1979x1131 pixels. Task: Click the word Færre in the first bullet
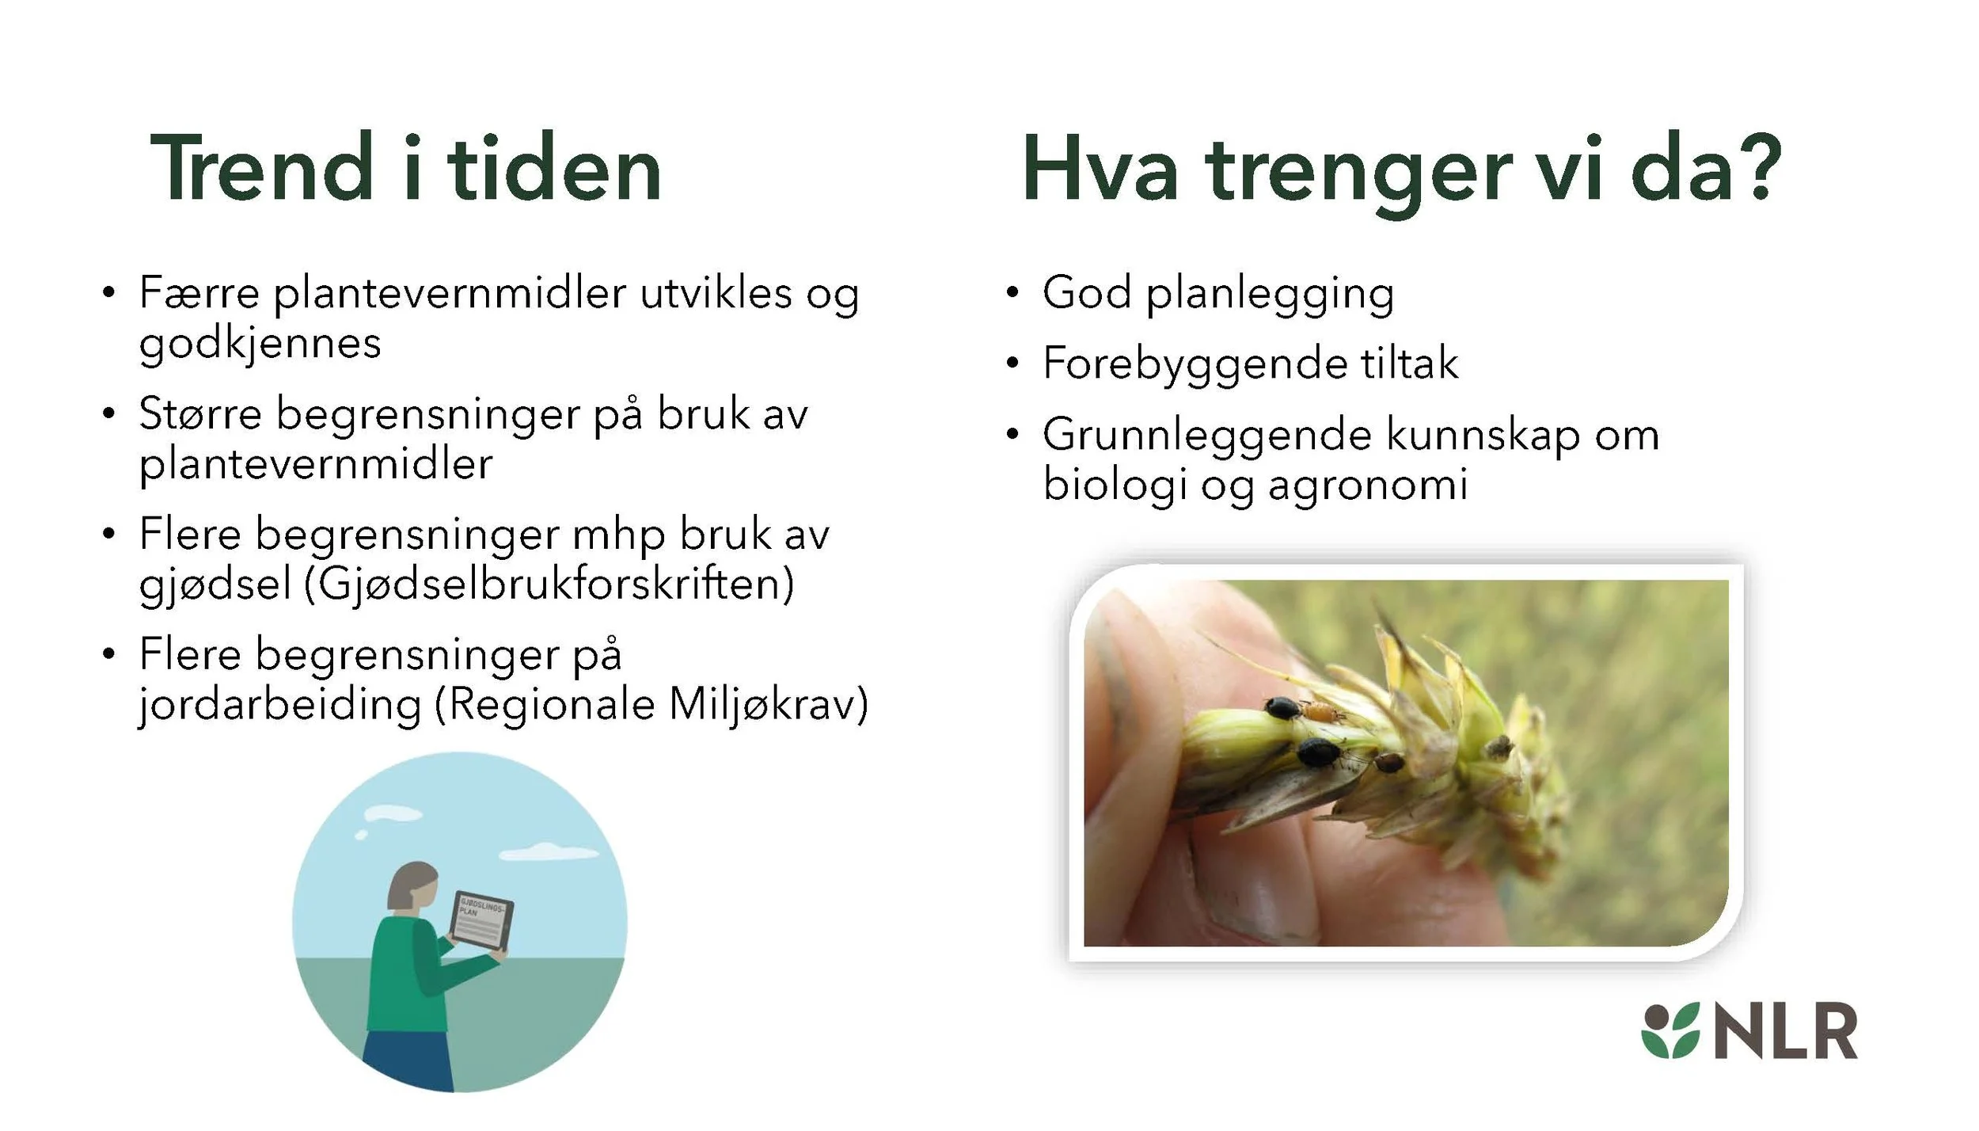[x=199, y=292]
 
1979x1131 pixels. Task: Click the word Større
[x=199, y=413]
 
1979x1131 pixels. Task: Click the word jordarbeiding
[x=279, y=706]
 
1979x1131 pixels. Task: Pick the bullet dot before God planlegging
[x=1012, y=292]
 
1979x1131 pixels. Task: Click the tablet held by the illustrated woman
[x=481, y=921]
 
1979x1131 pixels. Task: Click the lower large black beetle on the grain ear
[x=1317, y=751]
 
